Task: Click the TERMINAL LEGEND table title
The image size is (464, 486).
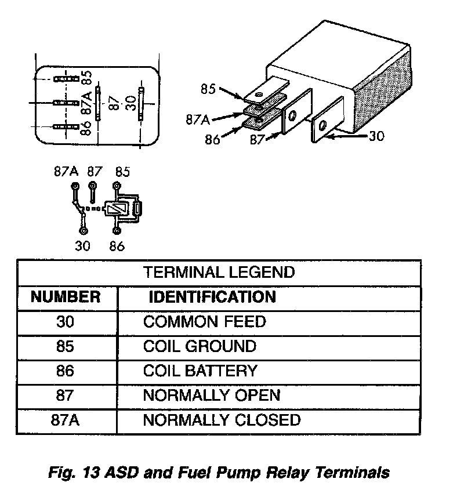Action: (x=219, y=272)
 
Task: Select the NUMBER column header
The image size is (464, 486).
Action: (x=66, y=298)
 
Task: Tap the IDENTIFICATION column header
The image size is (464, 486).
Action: (x=212, y=298)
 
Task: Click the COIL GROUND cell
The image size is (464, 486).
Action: (x=200, y=346)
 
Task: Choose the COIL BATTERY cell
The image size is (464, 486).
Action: (x=200, y=371)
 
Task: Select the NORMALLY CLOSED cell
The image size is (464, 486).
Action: (x=222, y=420)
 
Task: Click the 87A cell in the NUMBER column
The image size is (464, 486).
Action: (x=66, y=420)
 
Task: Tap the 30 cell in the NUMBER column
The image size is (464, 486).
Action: (x=66, y=321)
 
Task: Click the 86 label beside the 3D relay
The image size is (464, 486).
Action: (x=213, y=139)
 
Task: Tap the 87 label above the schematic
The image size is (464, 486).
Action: (x=95, y=172)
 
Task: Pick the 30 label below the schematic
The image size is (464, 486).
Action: (x=83, y=246)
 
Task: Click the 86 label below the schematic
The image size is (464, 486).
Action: (x=117, y=246)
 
